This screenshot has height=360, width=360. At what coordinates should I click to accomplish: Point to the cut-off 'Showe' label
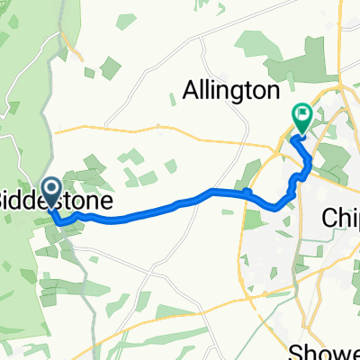[334, 350]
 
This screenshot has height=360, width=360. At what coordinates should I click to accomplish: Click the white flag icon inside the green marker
[301, 114]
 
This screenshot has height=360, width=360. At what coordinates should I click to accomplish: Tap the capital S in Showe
[310, 350]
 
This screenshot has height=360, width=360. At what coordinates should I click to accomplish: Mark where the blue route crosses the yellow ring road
[248, 192]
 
